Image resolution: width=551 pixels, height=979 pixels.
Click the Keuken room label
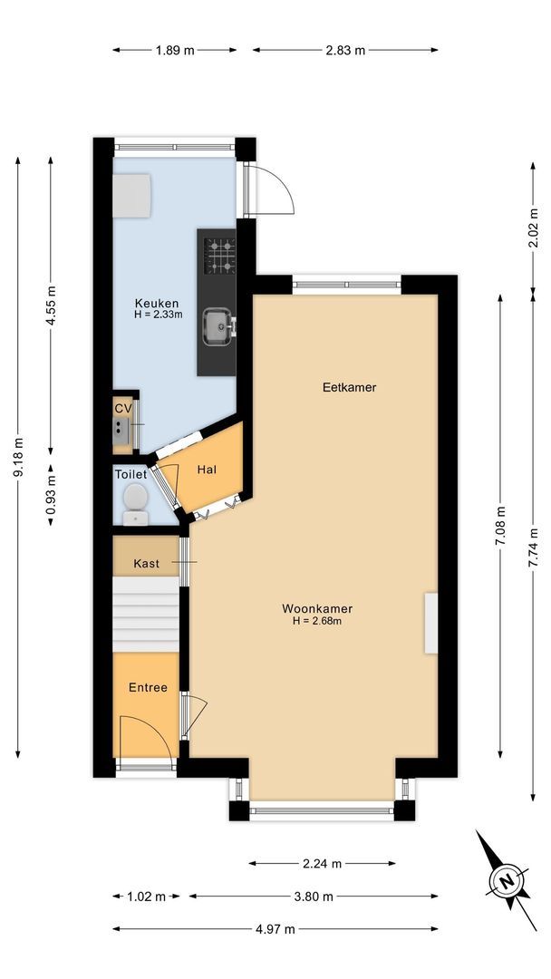point(157,304)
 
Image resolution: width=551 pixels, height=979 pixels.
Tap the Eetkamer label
point(349,387)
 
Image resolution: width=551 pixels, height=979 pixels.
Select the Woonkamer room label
point(316,609)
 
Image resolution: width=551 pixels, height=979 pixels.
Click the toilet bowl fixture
point(135,503)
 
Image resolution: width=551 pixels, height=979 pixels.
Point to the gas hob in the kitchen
point(218,256)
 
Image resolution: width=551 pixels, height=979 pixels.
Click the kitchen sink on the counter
point(217,326)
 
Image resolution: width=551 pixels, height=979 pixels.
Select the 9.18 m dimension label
point(19,460)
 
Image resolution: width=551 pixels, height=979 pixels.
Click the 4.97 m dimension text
point(275,929)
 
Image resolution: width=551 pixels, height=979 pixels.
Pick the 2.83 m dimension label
point(345,51)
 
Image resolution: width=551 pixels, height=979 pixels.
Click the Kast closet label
point(146,564)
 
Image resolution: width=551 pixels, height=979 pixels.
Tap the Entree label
point(148,688)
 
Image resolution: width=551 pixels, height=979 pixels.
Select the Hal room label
point(206,470)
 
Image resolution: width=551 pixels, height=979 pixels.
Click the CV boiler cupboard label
point(123,408)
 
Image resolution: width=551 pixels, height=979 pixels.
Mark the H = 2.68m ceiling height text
point(316,622)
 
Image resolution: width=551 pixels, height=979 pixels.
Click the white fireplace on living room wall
point(430,623)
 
